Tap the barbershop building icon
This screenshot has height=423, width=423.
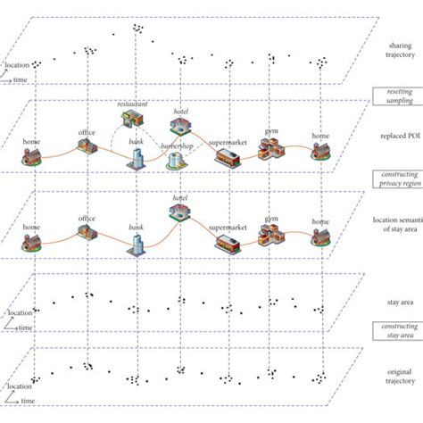(177, 160)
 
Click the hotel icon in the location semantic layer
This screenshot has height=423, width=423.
(178, 211)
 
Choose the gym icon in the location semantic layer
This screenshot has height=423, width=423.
(270, 233)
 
